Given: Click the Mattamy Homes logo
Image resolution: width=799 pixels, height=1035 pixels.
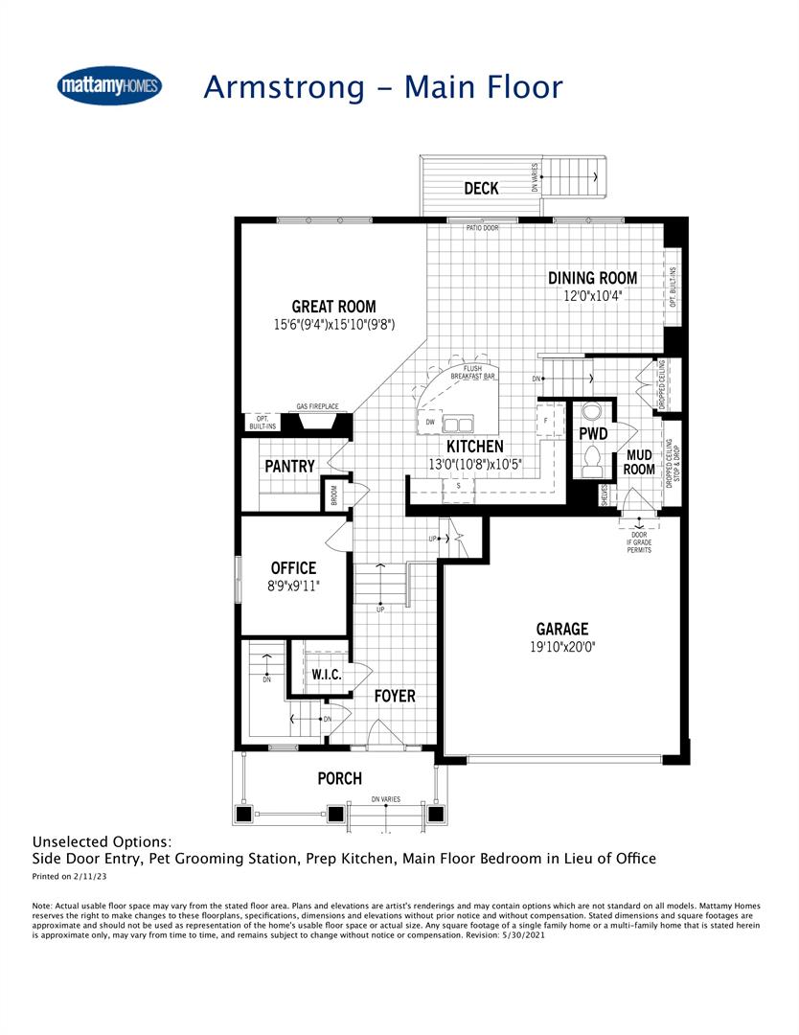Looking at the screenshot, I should (x=110, y=86).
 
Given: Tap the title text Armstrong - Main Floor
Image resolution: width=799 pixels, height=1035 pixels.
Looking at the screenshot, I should (x=383, y=86).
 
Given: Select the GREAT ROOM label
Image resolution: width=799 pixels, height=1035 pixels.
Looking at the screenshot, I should (x=333, y=308).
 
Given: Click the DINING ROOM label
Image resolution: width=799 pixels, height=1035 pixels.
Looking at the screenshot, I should (x=592, y=278).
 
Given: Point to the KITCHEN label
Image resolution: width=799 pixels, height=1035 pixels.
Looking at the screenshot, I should (x=474, y=447).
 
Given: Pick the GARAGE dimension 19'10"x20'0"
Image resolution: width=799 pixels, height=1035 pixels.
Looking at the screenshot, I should (x=561, y=647).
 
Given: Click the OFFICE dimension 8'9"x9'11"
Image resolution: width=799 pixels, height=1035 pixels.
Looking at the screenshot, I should (x=293, y=586).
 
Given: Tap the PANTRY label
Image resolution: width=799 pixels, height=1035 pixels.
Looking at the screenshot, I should (x=289, y=466).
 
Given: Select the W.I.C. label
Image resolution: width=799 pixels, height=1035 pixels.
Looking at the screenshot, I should (x=327, y=675).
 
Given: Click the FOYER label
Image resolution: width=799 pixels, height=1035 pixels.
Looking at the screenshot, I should (x=395, y=696).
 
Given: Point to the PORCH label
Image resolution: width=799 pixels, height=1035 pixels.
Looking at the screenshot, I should (x=340, y=778).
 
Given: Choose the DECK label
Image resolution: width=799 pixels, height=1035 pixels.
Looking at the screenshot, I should (x=481, y=189).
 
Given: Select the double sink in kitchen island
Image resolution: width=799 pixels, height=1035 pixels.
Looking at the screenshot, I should (x=457, y=423).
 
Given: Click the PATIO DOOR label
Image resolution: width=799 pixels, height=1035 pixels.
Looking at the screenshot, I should (x=482, y=228).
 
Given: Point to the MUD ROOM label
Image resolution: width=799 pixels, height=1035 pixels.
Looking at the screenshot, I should (x=639, y=462).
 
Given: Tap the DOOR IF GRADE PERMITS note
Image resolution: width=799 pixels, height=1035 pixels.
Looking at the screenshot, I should (x=639, y=542).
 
